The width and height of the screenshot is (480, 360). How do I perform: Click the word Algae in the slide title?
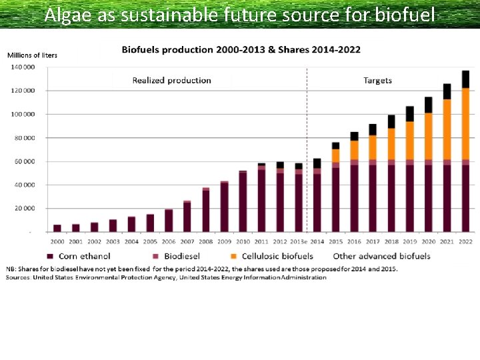(x=69, y=15)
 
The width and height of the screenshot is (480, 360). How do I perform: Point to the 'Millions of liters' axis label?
(x=32, y=55)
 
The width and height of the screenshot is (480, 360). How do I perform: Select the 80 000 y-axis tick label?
(x=24, y=138)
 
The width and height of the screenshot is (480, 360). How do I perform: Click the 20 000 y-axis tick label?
(x=24, y=209)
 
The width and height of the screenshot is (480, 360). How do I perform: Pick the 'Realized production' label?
(x=171, y=81)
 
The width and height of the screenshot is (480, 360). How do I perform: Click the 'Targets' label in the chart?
(x=377, y=81)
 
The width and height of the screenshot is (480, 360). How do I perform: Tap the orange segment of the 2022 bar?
(x=465, y=123)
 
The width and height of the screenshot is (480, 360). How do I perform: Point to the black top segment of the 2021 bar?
(x=447, y=91)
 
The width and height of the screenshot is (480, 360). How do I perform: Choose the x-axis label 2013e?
(x=299, y=241)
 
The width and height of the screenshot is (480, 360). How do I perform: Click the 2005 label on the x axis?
(x=151, y=241)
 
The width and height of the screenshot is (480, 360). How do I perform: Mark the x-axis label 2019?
(x=410, y=241)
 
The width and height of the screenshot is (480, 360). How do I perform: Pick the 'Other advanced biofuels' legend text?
(x=381, y=256)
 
